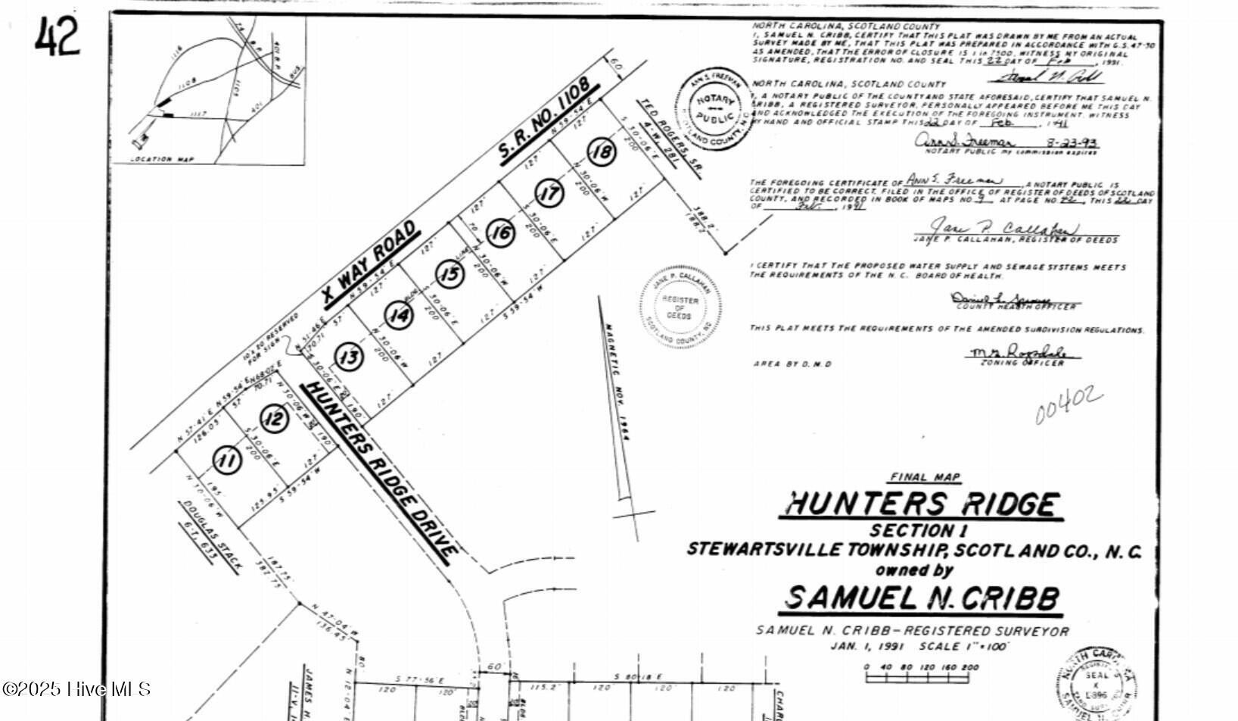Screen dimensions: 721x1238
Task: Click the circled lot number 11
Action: click(x=226, y=460)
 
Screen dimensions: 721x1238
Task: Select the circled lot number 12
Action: click(x=274, y=418)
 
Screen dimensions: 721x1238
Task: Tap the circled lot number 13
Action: click(x=349, y=356)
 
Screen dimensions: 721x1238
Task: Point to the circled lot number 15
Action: click(x=450, y=273)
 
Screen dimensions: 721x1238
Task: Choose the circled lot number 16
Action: click(x=500, y=233)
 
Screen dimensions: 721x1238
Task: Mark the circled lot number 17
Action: click(x=549, y=192)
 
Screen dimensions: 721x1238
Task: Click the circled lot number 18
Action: click(x=602, y=152)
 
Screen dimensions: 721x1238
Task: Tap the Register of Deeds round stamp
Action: click(x=680, y=307)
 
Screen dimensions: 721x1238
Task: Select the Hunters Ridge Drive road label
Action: click(x=380, y=472)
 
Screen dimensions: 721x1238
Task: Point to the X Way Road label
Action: click(x=369, y=264)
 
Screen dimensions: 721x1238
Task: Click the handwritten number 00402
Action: click(x=1068, y=405)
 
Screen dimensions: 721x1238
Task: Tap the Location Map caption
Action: click(x=162, y=160)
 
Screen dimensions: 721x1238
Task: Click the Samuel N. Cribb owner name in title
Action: click(x=921, y=598)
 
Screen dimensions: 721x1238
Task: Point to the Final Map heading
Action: click(x=925, y=477)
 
